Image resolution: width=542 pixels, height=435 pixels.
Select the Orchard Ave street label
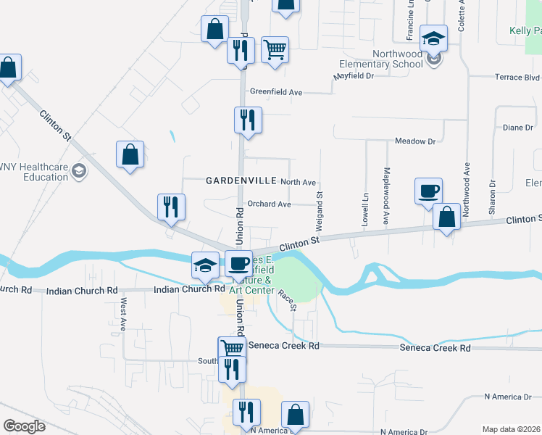(x=269, y=204)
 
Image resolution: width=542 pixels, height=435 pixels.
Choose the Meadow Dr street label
(x=414, y=141)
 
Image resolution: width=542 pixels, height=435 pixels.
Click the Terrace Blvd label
(x=517, y=77)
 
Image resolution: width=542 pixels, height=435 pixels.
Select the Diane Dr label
(x=517, y=128)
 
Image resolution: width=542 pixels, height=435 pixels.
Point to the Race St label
(x=288, y=300)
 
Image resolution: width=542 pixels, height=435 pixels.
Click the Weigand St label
(x=319, y=204)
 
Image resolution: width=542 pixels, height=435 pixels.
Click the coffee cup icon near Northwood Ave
(x=428, y=191)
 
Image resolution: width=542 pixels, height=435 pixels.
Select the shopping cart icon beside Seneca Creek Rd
(x=232, y=349)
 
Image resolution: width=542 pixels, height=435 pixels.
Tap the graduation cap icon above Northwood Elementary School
(x=433, y=38)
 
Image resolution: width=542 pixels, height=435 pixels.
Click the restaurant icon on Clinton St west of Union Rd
(x=172, y=207)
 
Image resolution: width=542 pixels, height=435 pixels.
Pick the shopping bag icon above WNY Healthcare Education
(x=130, y=154)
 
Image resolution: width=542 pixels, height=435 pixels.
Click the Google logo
(x=24, y=426)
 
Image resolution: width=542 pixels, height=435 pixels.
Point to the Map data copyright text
(x=511, y=429)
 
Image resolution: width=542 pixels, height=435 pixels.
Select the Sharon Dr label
(x=491, y=197)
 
